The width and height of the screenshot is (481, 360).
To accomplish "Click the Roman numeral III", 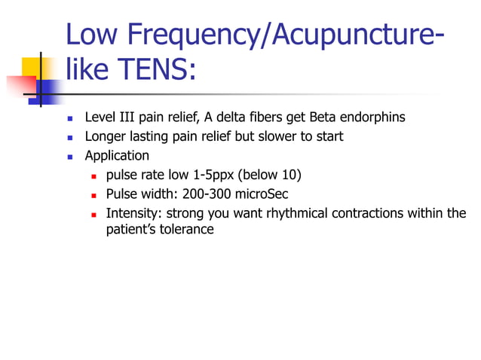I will click(124, 117).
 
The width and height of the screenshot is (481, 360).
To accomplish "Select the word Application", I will click(117, 157).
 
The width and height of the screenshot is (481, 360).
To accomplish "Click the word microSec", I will click(262, 194).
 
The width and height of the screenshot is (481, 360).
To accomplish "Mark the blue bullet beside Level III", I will click(69, 118).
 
